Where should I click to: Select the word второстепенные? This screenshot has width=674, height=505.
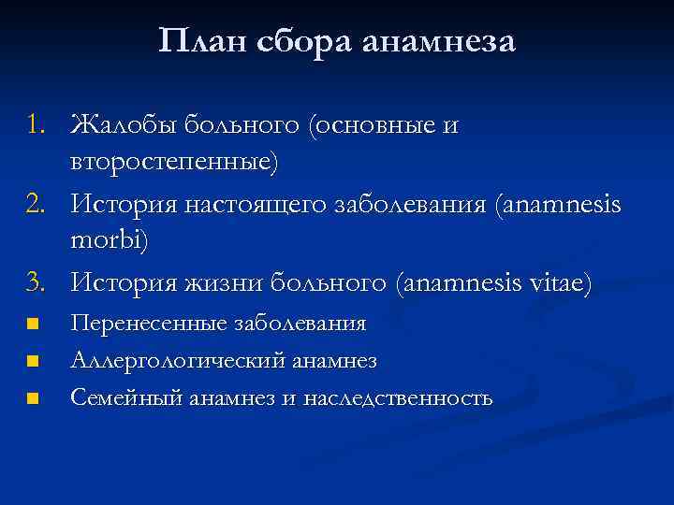pos(173,163)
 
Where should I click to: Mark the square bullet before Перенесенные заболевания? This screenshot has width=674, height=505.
pos(33,325)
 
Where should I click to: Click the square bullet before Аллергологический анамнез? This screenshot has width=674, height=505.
pos(33,361)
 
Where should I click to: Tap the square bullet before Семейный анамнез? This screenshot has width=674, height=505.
pos(33,398)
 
